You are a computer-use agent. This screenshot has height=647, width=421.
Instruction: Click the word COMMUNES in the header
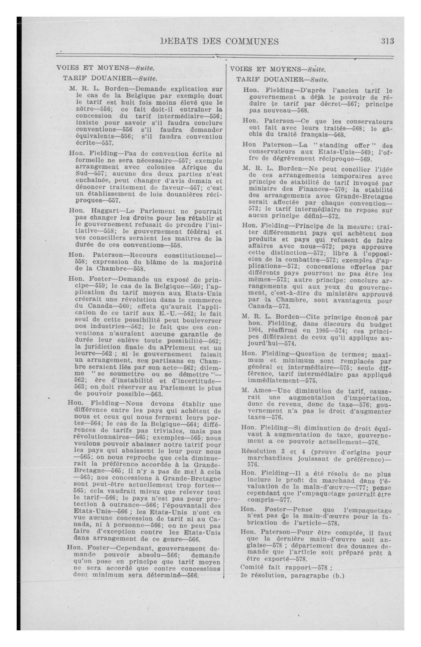point(252,41)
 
